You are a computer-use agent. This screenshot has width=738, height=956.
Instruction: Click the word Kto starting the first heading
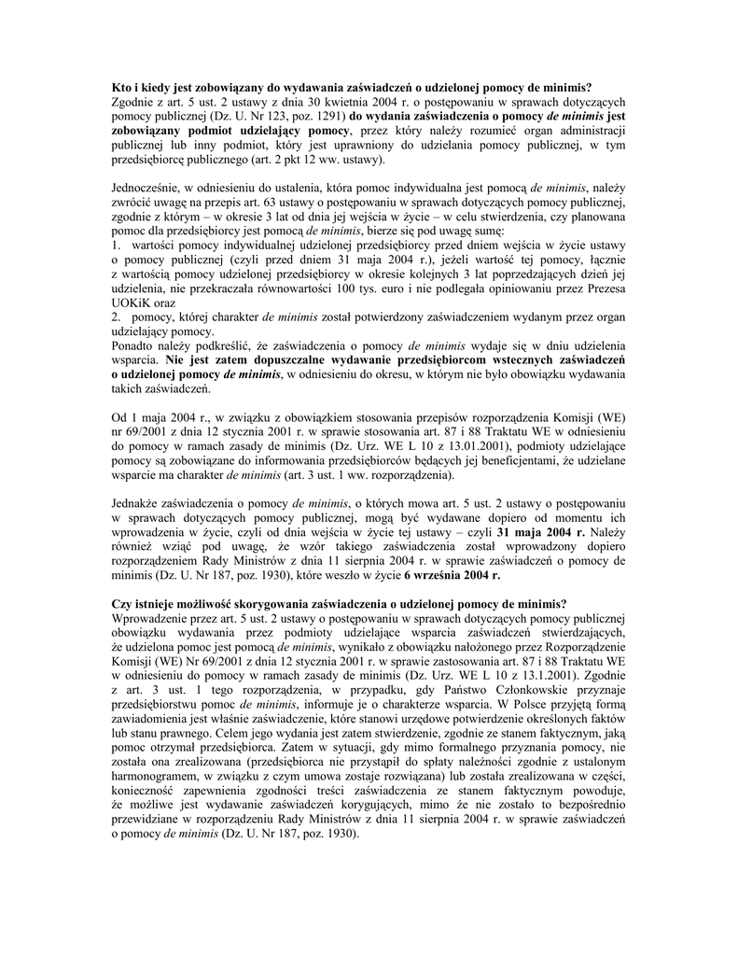pos(121,87)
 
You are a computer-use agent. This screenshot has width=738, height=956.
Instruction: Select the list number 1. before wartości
pos(117,246)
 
